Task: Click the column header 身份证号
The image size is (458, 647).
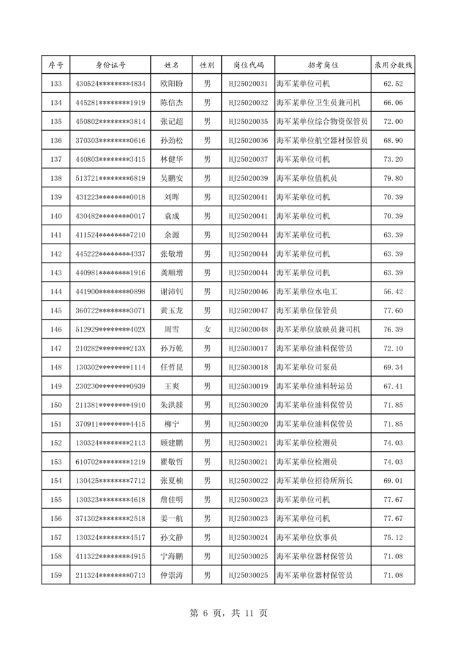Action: [x=111, y=65]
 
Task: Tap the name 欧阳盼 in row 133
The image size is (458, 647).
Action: [x=172, y=84]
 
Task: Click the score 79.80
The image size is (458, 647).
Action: [x=392, y=178]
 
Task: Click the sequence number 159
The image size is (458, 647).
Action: [x=56, y=575]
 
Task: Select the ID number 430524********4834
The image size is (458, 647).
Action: [x=111, y=84]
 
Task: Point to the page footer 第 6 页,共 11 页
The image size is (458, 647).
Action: [x=229, y=613]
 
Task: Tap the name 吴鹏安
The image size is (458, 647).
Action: [x=172, y=178]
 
